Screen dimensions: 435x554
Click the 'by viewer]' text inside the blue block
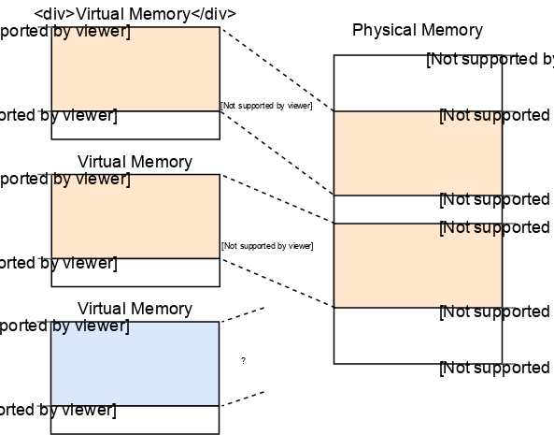[x=91, y=326]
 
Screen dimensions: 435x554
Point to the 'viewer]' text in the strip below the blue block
[x=84, y=411]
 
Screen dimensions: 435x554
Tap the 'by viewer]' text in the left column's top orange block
[x=91, y=33]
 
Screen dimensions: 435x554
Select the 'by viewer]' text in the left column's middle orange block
[x=91, y=180]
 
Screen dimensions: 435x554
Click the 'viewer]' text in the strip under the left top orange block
[x=84, y=116]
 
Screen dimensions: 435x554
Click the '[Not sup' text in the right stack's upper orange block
[x=471, y=116]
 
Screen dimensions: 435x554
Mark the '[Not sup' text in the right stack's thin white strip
[x=471, y=199]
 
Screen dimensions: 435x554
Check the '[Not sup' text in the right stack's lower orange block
[x=471, y=227]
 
